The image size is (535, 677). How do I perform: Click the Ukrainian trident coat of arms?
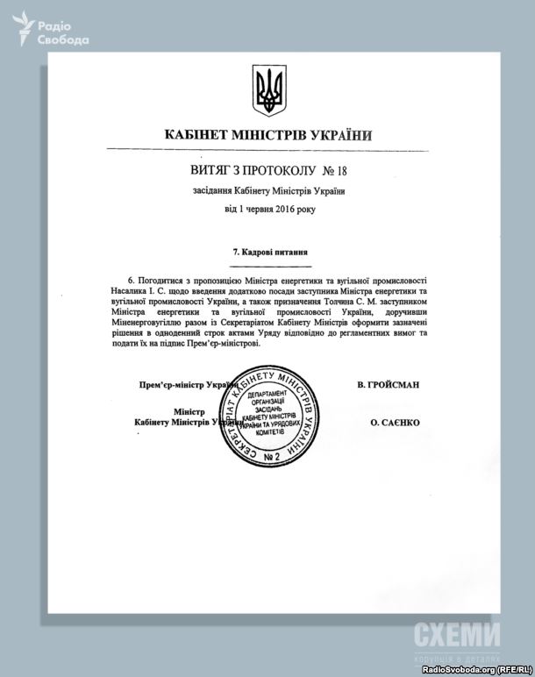[x=268, y=89]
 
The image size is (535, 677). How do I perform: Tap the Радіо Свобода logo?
[x=54, y=31]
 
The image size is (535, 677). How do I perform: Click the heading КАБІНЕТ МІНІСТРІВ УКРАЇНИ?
[x=267, y=135]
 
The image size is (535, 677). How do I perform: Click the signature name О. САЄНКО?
[x=395, y=423]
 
